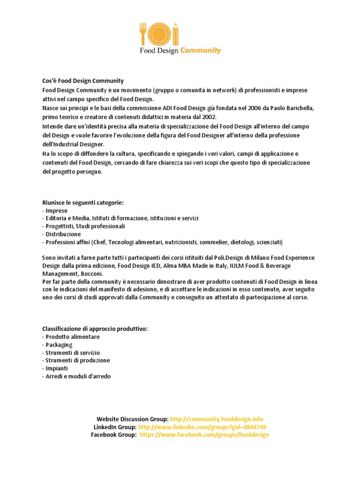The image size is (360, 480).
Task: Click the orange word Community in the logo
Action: pos(201,50)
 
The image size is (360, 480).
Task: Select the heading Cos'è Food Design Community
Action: pos(83,81)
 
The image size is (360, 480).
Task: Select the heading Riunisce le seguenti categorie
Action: pos(83,202)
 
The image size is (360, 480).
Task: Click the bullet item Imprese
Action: pos(56,211)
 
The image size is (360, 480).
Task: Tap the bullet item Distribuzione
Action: pos(63,234)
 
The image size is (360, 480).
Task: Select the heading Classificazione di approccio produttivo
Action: pos(95,329)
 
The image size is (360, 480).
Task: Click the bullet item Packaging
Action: pos(59,345)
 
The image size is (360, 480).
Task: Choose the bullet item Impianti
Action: pos(57,368)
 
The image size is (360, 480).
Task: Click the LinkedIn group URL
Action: pos(202,427)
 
